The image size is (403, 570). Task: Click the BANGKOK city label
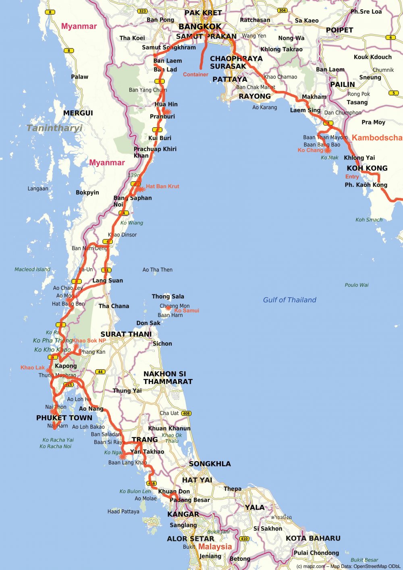(x=200, y=27)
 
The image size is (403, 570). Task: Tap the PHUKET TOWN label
(x=64, y=418)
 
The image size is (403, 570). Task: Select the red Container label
(x=195, y=75)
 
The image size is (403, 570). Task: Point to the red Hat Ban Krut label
(x=162, y=186)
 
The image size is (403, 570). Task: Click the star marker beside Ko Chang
(x=327, y=150)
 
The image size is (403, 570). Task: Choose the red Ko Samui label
(x=187, y=311)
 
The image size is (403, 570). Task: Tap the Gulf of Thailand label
(x=289, y=300)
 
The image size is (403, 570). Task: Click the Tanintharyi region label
(x=54, y=128)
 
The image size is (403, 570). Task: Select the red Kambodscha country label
(x=377, y=138)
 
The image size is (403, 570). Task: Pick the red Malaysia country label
(x=215, y=547)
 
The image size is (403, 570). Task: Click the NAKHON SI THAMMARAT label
(x=168, y=377)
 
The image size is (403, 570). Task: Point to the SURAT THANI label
(x=126, y=334)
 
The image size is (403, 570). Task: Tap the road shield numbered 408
(x=186, y=413)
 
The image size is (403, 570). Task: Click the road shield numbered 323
(x=142, y=11)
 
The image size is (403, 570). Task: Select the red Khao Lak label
(x=33, y=367)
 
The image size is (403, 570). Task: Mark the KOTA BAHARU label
(x=313, y=538)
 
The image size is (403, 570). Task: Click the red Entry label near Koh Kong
(x=352, y=176)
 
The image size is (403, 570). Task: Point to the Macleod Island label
(x=32, y=269)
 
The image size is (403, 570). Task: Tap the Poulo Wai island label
(x=356, y=285)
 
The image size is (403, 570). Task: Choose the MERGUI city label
(x=78, y=113)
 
